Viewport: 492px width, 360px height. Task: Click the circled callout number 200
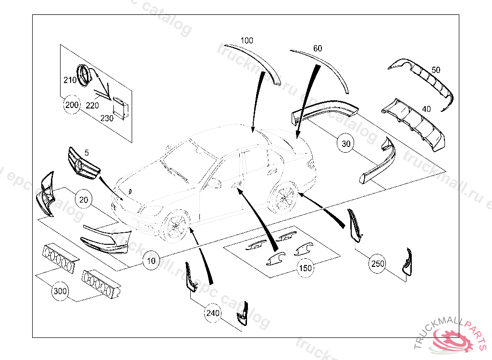pos(72,105)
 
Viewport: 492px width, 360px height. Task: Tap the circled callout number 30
pos(346,143)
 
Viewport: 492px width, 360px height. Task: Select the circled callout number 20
pos(84,200)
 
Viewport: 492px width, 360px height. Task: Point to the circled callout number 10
pos(151,261)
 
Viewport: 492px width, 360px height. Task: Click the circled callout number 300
pos(60,291)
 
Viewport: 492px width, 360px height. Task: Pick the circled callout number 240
pos(213,313)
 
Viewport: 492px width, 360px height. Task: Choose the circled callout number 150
pos(306,267)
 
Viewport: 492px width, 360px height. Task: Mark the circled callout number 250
pos(378,263)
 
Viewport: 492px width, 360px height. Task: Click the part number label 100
pos(246,41)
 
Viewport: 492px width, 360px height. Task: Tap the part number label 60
pos(318,48)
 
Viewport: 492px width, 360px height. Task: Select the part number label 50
pos(435,70)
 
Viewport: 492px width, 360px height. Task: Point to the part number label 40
pos(426,109)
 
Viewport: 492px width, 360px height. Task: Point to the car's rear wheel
pos(283,197)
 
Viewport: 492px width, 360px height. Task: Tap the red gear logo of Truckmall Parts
pos(452,340)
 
